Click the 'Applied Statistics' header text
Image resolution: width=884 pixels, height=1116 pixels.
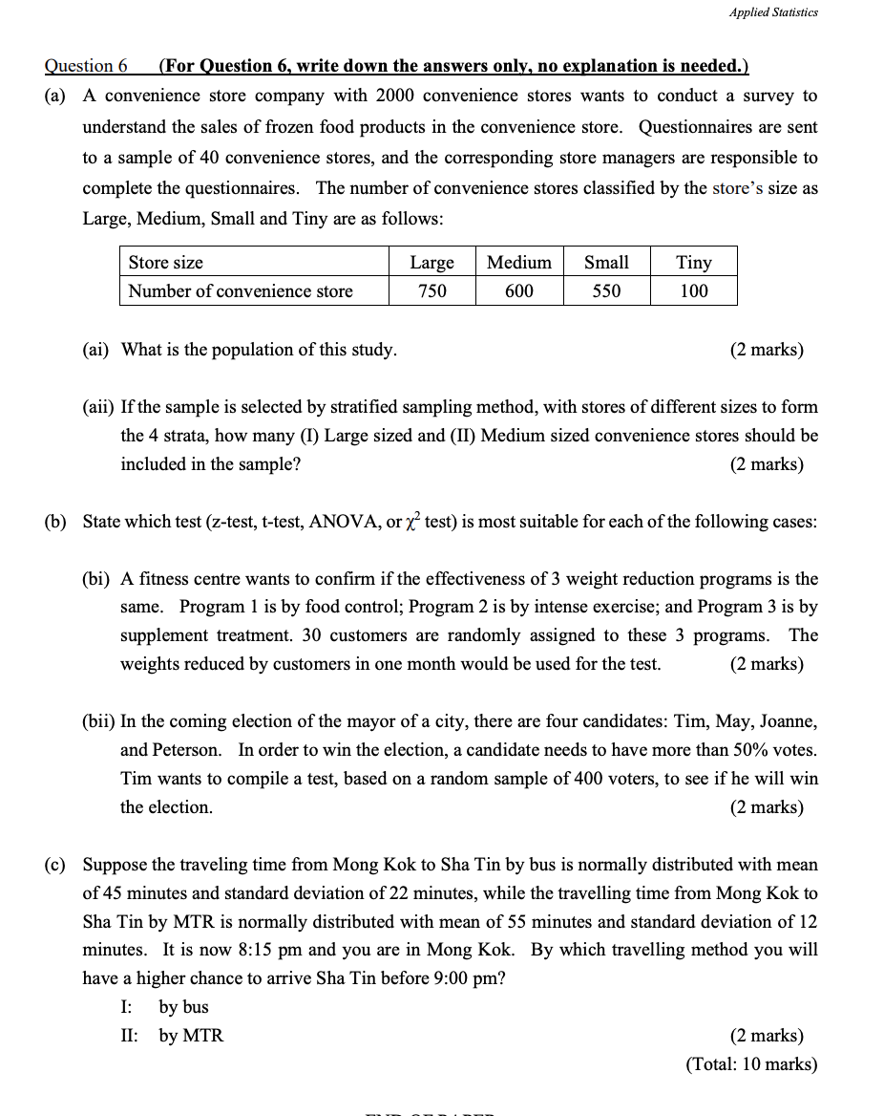click(x=773, y=12)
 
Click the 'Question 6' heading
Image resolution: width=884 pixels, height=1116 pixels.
click(x=86, y=66)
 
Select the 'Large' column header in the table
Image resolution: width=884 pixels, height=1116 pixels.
click(x=431, y=262)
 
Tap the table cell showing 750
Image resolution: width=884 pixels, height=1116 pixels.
click(x=431, y=290)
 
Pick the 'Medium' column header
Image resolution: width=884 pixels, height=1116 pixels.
click(x=518, y=262)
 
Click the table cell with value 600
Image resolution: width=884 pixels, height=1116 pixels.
click(x=518, y=290)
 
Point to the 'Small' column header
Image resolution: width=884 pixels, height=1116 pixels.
click(x=606, y=262)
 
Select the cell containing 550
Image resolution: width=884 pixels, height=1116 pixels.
click(x=606, y=290)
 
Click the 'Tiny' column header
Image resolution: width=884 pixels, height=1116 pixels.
click(x=693, y=262)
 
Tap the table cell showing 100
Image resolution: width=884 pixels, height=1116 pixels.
click(x=693, y=290)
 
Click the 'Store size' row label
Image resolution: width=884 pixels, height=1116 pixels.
click(x=166, y=262)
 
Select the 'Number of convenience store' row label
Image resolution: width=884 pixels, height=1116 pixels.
click(x=241, y=290)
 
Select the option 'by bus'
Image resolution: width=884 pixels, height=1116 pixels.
click(x=183, y=1007)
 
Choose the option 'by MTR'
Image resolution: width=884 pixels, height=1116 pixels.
click(x=191, y=1036)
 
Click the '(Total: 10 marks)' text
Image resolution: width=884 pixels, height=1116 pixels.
click(x=751, y=1064)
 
